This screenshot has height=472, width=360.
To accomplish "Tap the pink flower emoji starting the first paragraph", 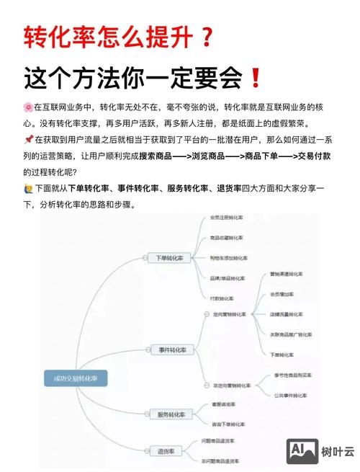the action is coord(28,107).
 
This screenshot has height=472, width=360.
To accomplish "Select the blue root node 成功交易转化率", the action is coord(75,378).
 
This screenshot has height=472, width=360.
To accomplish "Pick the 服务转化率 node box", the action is coord(171,414).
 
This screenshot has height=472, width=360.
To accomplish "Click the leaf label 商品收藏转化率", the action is coord(226,237).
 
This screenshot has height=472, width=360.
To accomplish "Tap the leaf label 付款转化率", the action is coord(222,298).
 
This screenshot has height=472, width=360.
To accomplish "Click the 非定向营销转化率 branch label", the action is coord(232,385).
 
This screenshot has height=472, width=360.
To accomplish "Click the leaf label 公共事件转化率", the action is coord(290,395).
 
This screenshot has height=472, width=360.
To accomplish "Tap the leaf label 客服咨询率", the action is coord(221,405).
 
